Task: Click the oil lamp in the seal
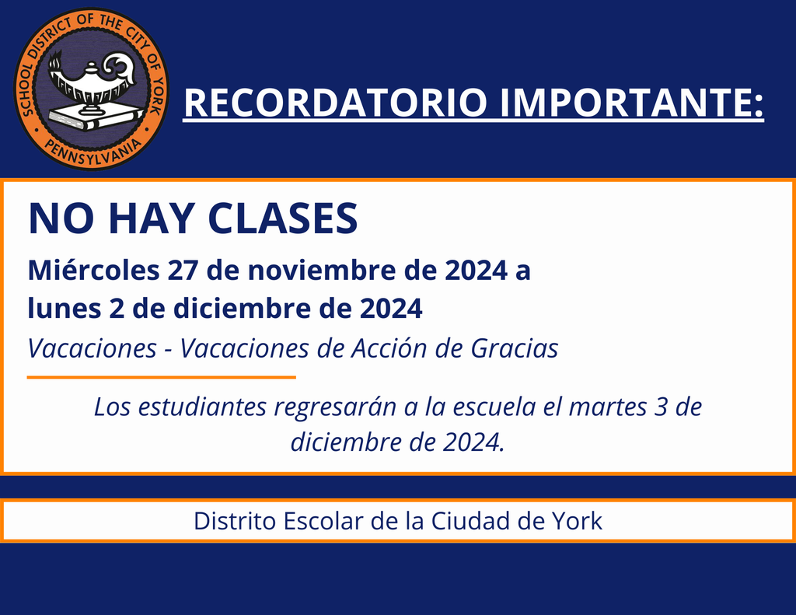coord(92,78)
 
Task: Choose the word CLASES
coord(285,219)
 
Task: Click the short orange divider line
coord(162,377)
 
